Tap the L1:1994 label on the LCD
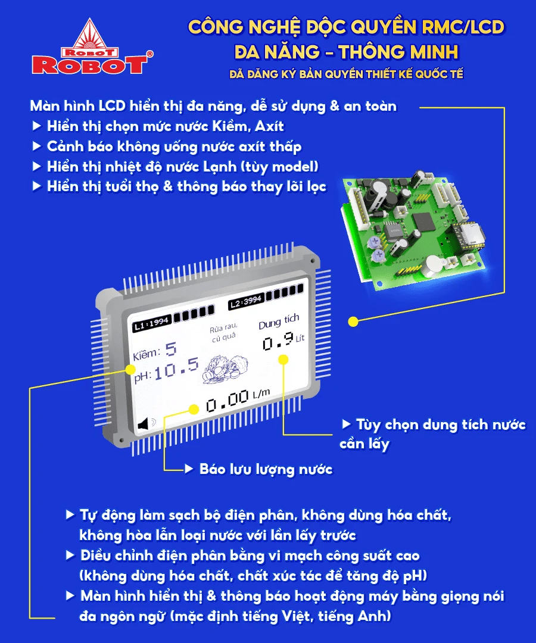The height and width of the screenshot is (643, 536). (x=151, y=323)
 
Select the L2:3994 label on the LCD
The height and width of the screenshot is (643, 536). (x=246, y=301)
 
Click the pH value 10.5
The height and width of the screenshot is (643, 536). (x=176, y=369)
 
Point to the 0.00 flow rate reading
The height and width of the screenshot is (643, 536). (x=228, y=400)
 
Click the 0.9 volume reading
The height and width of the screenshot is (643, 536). (x=278, y=340)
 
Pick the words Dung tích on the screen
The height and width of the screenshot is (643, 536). (x=279, y=321)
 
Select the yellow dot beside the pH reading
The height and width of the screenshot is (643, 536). (x=130, y=370)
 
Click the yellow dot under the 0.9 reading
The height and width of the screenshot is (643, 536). (x=283, y=360)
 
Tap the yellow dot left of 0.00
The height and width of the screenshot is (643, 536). (x=194, y=409)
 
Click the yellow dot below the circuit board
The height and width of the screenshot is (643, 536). (x=353, y=322)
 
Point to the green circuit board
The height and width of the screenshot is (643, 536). (x=413, y=232)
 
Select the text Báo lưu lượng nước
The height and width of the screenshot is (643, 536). (x=266, y=469)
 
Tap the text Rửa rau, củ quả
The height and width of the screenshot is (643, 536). (x=223, y=333)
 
